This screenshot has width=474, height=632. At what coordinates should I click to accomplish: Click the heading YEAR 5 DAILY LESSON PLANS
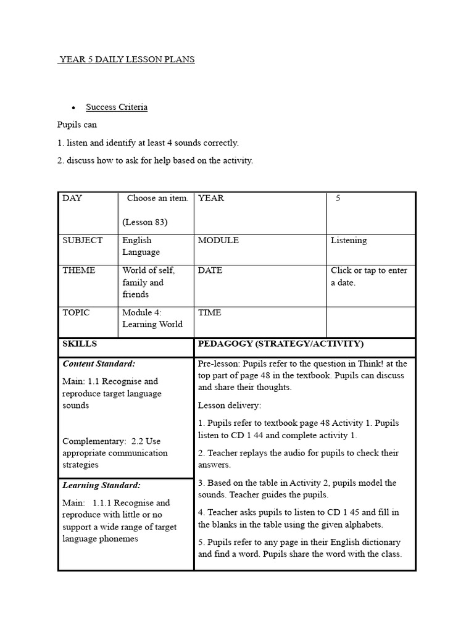127,60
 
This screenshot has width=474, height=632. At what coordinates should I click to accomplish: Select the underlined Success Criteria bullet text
117,107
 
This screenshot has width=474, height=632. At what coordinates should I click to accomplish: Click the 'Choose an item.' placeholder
157,198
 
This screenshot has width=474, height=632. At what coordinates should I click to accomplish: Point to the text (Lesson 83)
145,222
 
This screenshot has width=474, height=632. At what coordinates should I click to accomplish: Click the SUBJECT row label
83,240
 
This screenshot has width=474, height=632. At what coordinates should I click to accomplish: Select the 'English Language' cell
141,246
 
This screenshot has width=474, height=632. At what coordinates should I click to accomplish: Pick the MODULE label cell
218,240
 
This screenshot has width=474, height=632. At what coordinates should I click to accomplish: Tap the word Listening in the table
349,240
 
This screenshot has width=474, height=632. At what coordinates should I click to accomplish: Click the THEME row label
79,270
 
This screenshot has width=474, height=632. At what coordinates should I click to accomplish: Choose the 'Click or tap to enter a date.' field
368,276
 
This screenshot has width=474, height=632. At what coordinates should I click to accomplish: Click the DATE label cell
210,270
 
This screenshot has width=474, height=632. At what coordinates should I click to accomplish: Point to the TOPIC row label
76,312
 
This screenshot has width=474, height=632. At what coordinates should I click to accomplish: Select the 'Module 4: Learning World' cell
152,318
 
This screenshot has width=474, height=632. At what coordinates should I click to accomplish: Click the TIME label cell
209,312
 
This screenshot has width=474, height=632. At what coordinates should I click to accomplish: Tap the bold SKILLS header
80,344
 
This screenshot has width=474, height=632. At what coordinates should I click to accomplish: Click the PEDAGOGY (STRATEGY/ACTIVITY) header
281,344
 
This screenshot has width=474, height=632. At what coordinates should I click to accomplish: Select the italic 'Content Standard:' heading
99,364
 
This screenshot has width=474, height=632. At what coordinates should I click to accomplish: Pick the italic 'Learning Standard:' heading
101,486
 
